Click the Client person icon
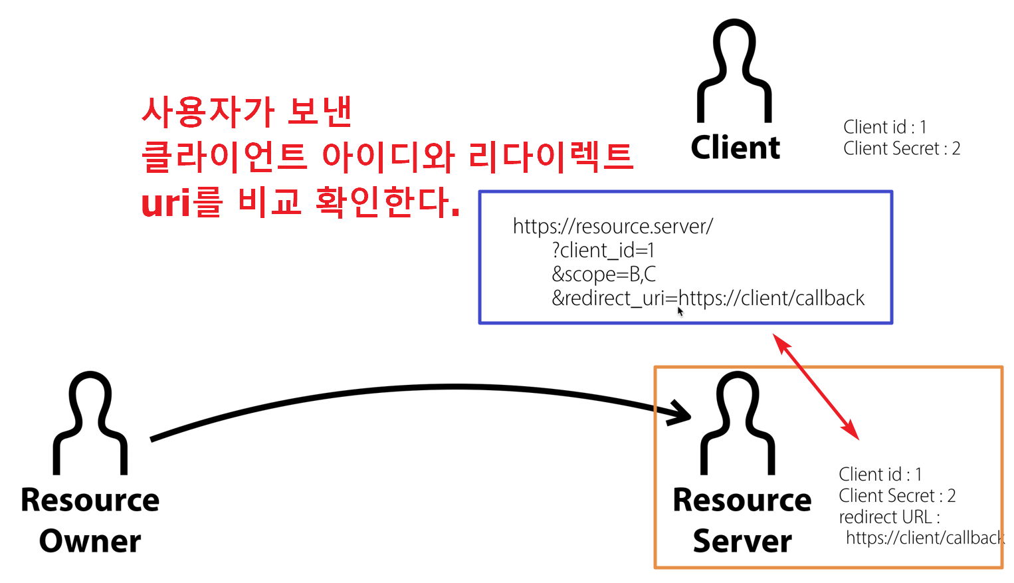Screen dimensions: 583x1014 734,71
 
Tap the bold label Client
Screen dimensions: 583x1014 736,148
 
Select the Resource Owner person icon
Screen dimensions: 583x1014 90,423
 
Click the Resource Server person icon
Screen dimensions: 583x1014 738,423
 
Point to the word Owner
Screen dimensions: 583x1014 90,541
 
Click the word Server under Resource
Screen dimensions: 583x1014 742,541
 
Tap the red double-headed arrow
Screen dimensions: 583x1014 816,387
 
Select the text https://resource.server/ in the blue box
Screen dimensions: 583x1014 613,227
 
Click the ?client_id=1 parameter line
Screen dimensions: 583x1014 603,251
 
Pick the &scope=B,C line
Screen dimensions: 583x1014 603,275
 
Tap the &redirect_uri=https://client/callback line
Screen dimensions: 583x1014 708,298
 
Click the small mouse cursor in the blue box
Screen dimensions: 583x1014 680,311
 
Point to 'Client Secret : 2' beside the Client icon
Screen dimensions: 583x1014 902,149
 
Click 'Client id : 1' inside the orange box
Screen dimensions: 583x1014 880,475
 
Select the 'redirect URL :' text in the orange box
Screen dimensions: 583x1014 889,517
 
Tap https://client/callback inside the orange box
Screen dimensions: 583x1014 924,538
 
